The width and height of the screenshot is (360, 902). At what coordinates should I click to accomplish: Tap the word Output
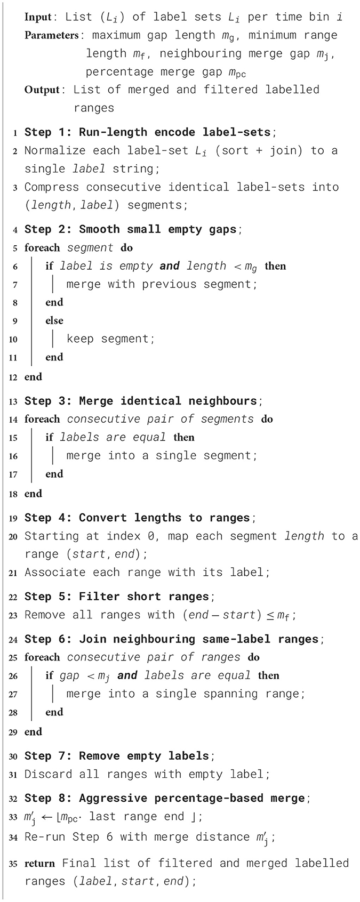click(x=42, y=90)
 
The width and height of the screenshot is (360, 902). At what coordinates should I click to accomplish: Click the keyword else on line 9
click(x=54, y=320)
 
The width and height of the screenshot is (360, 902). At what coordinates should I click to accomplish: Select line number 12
click(x=13, y=377)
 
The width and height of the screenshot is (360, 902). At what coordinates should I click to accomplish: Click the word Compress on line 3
click(x=52, y=187)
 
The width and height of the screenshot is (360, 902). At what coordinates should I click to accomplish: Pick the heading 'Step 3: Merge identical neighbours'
click(x=141, y=400)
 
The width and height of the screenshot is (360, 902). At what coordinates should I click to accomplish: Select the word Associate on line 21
click(x=55, y=573)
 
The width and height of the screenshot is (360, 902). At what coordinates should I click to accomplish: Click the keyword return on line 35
click(x=40, y=863)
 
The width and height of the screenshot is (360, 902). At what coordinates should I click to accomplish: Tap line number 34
click(x=13, y=837)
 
